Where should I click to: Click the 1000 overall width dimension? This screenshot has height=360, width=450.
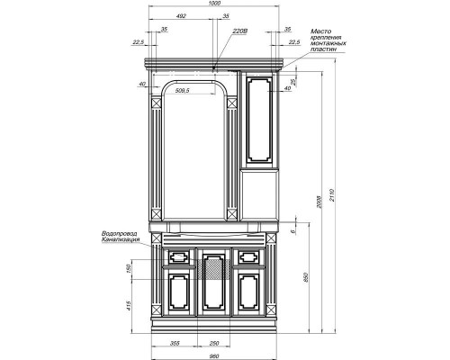213,4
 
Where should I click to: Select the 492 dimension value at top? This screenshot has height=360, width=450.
181,16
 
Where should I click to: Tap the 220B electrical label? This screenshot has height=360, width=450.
238,31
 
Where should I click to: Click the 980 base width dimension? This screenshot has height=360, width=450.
213,353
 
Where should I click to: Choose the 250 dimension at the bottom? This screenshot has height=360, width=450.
213,343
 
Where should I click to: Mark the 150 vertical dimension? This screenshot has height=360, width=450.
130,267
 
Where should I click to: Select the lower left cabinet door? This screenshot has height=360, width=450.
176,296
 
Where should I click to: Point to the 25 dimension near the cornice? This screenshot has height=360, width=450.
292,80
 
